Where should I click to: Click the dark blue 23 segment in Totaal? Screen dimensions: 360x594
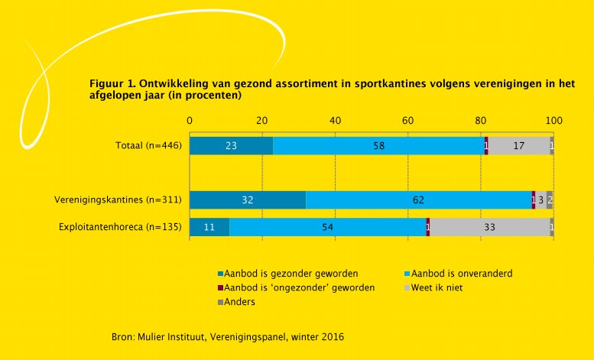coord(231,145)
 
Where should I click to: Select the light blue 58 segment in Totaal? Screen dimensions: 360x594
coord(378,145)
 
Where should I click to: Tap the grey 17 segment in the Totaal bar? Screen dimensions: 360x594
coord(518,145)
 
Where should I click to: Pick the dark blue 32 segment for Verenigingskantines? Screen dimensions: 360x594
coord(248,200)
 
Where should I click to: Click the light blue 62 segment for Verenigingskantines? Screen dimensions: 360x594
coord(418,200)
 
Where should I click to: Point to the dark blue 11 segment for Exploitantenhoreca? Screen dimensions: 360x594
coord(209,227)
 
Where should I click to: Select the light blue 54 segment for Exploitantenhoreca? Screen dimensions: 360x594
coord(327,227)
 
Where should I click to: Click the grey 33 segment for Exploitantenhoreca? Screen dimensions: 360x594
coord(489,227)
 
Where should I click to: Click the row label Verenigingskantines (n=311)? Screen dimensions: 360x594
coord(117,200)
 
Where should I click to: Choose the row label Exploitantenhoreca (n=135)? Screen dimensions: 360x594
coord(120,227)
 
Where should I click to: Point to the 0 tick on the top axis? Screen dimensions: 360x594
coord(190,120)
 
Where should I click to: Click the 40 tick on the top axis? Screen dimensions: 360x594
coord(335,120)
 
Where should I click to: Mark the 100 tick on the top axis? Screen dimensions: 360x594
coord(553,120)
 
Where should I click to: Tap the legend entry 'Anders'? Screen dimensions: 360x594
coord(240,302)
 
